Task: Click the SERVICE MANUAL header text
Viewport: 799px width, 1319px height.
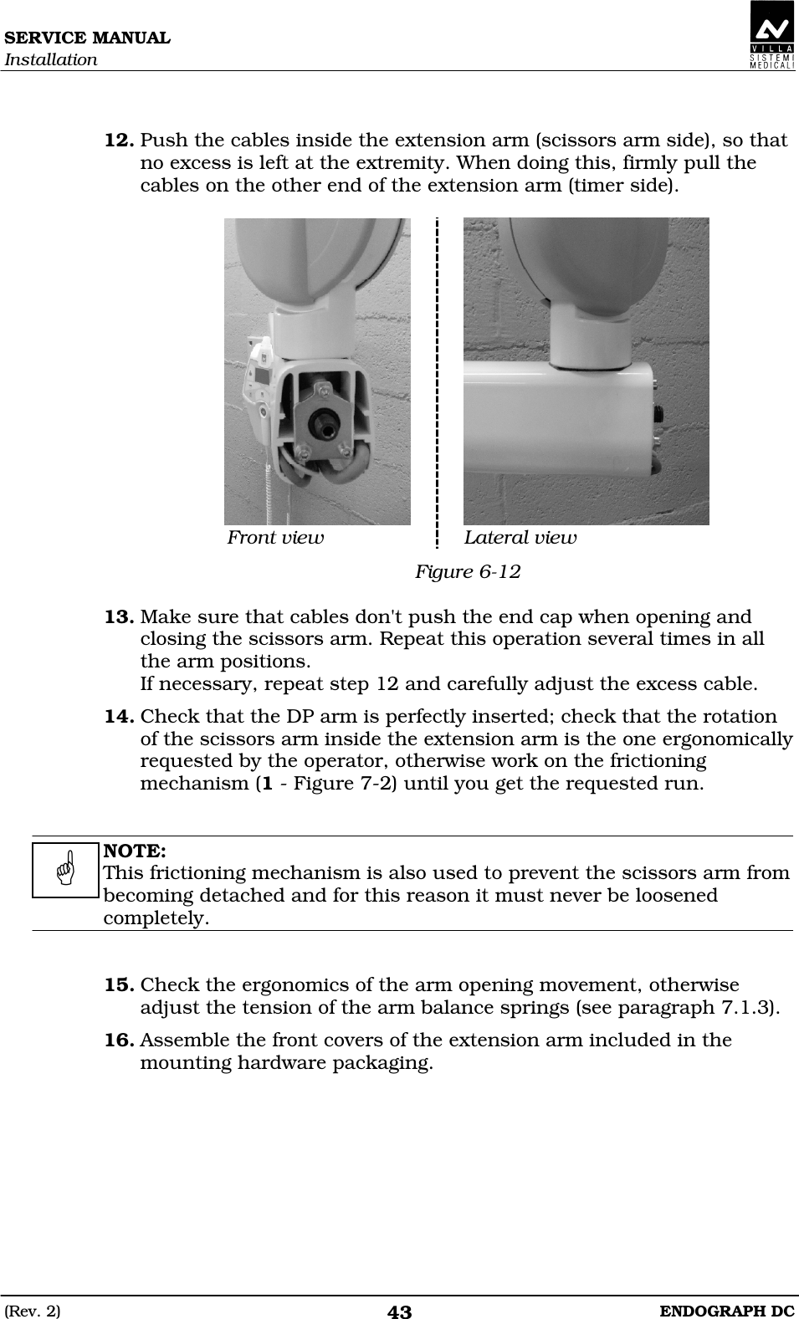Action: click(x=86, y=38)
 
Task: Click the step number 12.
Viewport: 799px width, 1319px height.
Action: click(x=120, y=141)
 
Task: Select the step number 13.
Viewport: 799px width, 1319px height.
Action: click(x=120, y=617)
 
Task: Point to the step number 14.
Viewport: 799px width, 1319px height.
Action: click(x=120, y=717)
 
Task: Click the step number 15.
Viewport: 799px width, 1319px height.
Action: click(x=120, y=985)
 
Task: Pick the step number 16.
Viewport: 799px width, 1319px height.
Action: click(x=120, y=1040)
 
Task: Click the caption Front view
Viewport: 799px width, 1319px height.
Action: click(x=275, y=538)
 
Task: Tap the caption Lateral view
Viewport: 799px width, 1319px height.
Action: click(x=520, y=538)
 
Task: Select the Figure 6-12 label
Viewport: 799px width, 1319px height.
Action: click(x=468, y=572)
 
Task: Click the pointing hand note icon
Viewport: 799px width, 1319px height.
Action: click(x=66, y=869)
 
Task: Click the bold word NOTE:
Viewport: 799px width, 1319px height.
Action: click(x=134, y=851)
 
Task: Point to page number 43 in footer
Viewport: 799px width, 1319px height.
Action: click(x=400, y=1312)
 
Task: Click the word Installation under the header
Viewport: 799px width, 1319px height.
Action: click(x=50, y=60)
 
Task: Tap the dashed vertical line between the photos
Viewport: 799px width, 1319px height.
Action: click(x=437, y=376)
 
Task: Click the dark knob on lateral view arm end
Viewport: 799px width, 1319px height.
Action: click(x=660, y=412)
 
